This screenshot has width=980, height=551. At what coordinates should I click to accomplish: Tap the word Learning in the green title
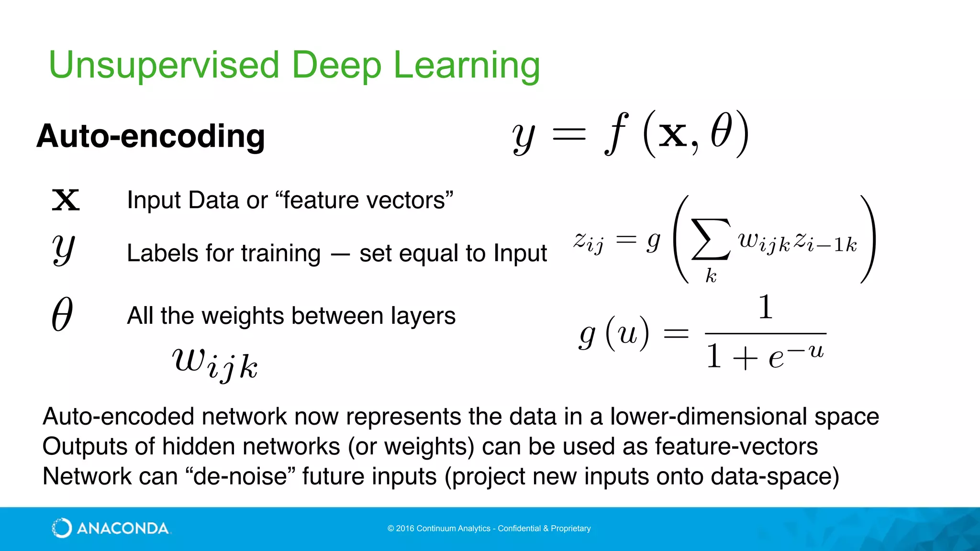point(467,66)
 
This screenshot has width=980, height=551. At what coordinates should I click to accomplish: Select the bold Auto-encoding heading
point(150,136)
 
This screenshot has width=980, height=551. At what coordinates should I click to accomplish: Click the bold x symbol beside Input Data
point(66,200)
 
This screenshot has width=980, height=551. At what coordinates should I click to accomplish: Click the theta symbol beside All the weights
point(62,314)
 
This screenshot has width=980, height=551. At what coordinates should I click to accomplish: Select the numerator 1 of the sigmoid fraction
point(766,307)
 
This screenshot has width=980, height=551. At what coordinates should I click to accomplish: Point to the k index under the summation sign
point(711,275)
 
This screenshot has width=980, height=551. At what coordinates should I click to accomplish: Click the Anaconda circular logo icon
point(62,528)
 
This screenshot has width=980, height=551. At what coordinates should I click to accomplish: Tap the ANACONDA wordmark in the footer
point(122,529)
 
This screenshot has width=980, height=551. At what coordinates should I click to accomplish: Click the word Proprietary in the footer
point(570,529)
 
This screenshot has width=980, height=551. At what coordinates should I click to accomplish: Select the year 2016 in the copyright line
point(405,529)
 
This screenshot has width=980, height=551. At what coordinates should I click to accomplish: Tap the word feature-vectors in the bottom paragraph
point(736,447)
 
